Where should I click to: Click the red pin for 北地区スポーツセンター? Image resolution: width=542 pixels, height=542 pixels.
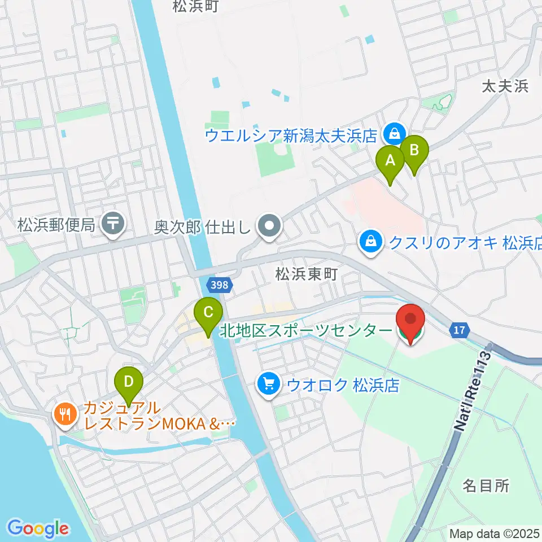[412, 322]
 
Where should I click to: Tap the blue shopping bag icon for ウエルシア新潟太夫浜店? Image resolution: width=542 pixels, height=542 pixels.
[392, 134]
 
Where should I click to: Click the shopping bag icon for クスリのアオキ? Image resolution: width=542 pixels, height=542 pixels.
[371, 243]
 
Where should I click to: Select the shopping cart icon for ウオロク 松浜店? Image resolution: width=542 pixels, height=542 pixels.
[268, 384]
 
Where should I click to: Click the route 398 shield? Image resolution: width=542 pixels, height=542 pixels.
[221, 285]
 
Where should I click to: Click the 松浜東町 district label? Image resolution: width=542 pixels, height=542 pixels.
[306, 274]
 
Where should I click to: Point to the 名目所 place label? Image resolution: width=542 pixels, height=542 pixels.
[486, 485]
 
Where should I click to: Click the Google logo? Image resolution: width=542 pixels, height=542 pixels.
[38, 528]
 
